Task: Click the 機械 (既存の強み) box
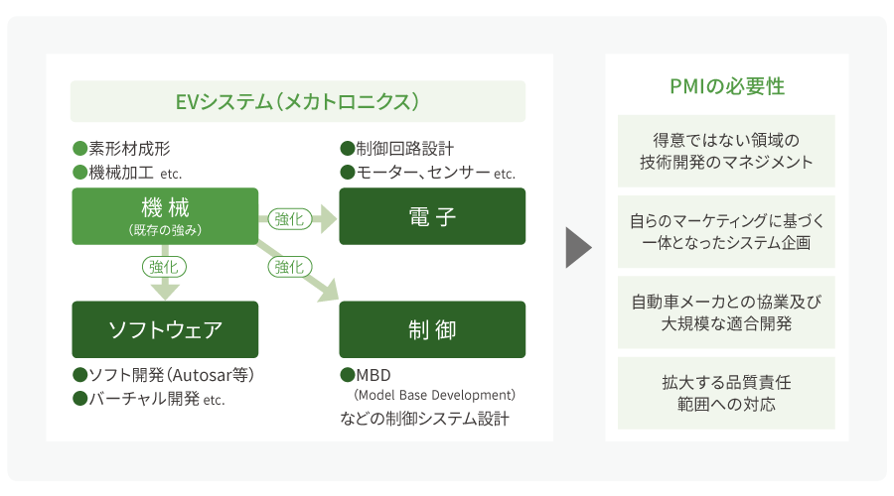165,216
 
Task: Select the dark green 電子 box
432,216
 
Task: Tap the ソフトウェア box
165,329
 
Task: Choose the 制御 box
432,329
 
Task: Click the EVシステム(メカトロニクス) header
298,101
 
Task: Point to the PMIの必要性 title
727,86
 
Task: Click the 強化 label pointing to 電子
289,218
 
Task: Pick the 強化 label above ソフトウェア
165,266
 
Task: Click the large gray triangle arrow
577,248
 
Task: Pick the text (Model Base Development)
435,396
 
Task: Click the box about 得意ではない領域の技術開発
726,151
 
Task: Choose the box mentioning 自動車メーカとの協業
726,312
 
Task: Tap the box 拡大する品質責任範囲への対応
726,393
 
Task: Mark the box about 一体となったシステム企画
726,232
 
